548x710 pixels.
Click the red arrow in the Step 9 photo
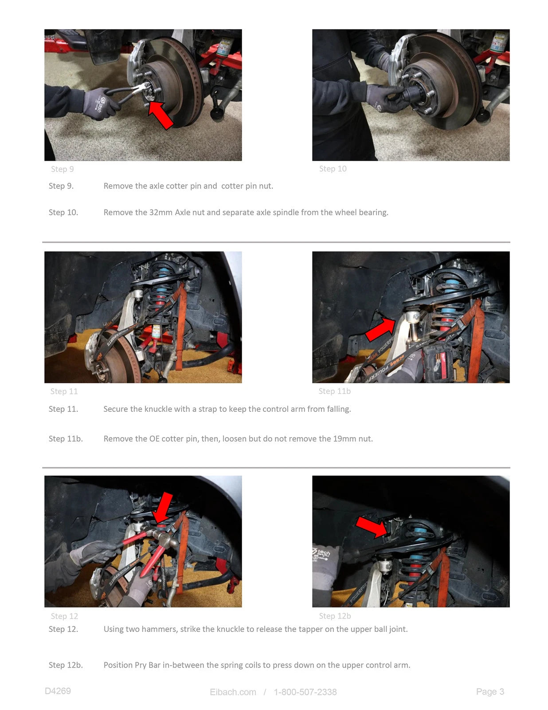(x=160, y=115)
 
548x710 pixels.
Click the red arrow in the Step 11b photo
(x=380, y=329)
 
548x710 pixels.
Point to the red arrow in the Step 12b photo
(x=372, y=527)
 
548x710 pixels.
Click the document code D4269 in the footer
(x=58, y=691)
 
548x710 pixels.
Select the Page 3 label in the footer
(x=490, y=691)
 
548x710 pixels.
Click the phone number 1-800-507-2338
(x=305, y=692)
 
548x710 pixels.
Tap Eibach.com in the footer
(x=233, y=692)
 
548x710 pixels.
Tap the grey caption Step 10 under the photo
(x=333, y=169)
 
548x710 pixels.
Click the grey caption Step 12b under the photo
(x=335, y=616)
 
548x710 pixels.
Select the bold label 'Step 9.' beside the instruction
(x=61, y=186)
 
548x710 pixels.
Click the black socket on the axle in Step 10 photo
(x=412, y=93)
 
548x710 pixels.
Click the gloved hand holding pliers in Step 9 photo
(x=100, y=103)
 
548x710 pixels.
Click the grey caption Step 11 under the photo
(x=64, y=391)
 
